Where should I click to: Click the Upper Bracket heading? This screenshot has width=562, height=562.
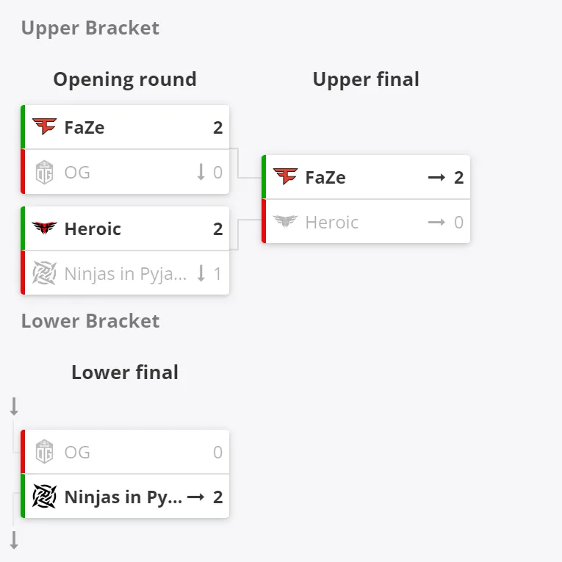tap(90, 29)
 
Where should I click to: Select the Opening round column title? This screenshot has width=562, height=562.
tap(125, 79)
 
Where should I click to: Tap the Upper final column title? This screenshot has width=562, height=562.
tap(366, 79)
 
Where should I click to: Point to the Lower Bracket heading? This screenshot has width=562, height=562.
tap(90, 321)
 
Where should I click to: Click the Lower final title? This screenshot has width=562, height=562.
tap(125, 372)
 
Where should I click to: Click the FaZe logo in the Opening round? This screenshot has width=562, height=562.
tap(44, 126)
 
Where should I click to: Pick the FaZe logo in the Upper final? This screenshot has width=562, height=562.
tap(285, 176)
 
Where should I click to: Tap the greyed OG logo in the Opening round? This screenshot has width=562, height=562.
tap(44, 172)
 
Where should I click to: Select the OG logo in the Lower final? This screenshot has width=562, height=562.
tap(44, 452)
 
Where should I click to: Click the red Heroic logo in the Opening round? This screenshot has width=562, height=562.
tap(44, 228)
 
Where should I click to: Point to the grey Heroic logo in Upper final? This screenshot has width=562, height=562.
tap(285, 222)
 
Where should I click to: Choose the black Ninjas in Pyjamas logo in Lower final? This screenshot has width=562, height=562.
tap(44, 497)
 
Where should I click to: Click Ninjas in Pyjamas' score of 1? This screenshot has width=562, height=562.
tap(217, 274)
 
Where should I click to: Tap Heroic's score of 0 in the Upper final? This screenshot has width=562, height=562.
tap(458, 222)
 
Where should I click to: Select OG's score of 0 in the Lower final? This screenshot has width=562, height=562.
tap(218, 452)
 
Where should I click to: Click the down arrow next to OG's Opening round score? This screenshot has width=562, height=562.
tap(201, 172)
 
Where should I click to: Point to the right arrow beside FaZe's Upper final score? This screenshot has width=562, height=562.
tap(436, 178)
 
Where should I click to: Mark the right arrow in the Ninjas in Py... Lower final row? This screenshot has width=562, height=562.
tap(195, 497)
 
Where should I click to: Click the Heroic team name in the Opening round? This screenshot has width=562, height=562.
tap(93, 229)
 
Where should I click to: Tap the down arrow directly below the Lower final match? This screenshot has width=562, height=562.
tap(14, 540)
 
